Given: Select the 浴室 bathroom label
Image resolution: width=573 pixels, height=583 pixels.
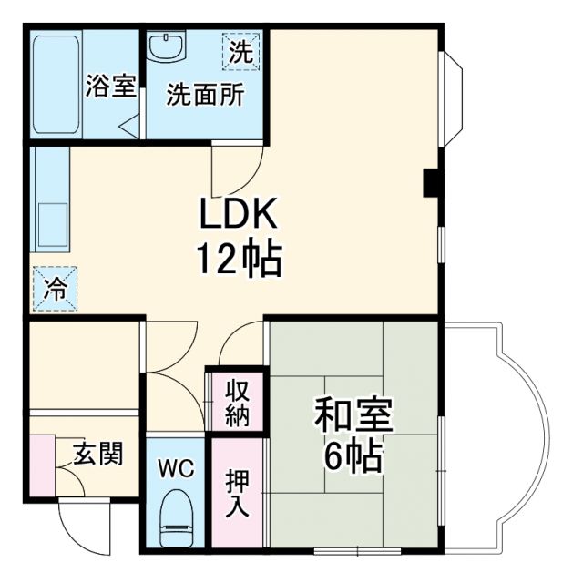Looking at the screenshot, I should [x=111, y=87].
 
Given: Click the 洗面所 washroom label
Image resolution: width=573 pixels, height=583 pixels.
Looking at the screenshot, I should [x=205, y=95].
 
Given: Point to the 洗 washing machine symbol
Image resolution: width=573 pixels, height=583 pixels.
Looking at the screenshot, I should [x=241, y=52].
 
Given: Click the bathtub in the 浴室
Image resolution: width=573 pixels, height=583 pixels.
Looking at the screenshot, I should [x=56, y=83].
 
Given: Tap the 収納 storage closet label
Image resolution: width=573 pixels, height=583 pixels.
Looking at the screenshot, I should [x=238, y=402].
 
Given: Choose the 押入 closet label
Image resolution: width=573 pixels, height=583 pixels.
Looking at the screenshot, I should [x=237, y=493].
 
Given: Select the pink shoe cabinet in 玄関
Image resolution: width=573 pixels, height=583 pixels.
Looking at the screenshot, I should [x=41, y=465].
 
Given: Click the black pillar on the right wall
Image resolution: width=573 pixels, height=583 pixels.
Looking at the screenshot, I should [x=432, y=183].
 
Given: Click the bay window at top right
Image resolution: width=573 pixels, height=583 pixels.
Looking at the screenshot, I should [x=454, y=96].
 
